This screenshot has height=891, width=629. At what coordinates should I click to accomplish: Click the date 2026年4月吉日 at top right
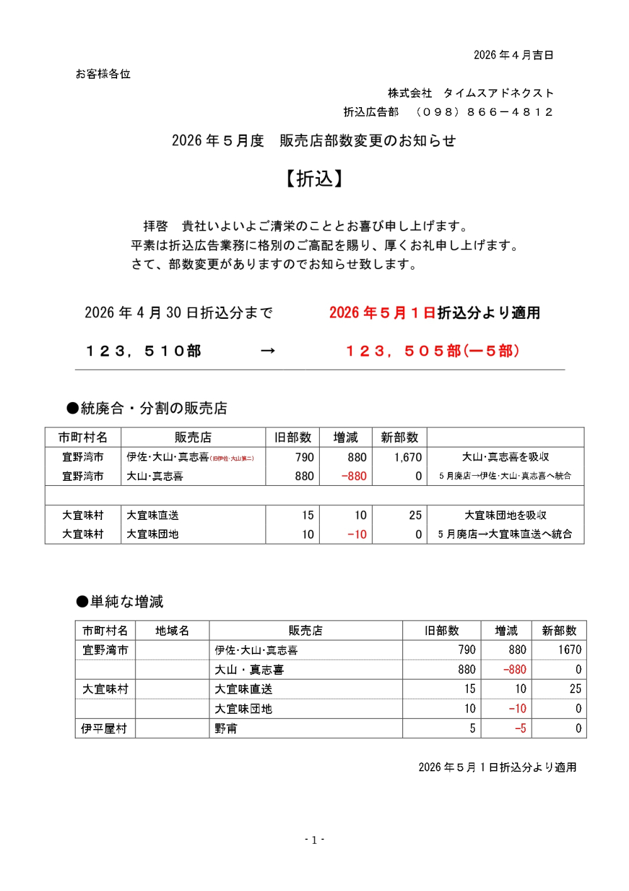[513, 55]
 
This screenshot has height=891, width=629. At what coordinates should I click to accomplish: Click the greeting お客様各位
[103, 74]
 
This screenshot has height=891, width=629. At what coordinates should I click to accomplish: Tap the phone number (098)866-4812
[484, 112]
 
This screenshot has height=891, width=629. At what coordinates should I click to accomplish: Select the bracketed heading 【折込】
[314, 179]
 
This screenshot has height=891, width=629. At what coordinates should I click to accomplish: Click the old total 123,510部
[144, 351]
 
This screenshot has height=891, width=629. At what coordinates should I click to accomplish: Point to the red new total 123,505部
[432, 351]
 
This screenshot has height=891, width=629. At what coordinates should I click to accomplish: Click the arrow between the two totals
[268, 351]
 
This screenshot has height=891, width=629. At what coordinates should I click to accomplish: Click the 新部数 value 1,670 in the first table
[408, 457]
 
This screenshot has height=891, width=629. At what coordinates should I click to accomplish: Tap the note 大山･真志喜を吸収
[505, 457]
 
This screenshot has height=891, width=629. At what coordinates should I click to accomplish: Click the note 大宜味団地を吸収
[505, 515]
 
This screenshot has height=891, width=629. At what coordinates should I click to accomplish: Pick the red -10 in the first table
[357, 534]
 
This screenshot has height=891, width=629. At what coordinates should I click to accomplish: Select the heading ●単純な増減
[120, 602]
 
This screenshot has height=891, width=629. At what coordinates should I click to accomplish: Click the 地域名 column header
[172, 631]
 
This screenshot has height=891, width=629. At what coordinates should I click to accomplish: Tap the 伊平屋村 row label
[105, 728]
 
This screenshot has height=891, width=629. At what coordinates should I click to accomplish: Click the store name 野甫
[226, 728]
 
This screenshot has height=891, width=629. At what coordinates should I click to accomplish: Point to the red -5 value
[520, 728]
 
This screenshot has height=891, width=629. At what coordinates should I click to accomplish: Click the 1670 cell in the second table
[569, 650]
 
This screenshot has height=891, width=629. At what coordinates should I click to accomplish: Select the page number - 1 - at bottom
[314, 840]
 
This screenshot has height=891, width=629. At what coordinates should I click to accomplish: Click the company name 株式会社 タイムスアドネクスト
[470, 93]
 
